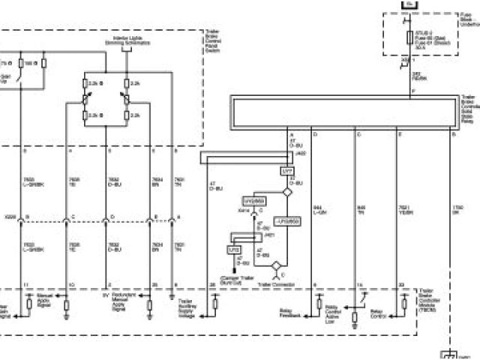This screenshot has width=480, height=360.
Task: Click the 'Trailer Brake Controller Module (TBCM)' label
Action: coord(429,299)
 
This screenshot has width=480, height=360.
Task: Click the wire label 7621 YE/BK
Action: coord(406,210)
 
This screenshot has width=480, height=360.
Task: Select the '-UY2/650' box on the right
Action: coord(287,222)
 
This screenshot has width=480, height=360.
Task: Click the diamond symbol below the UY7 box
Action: coord(286,192)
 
